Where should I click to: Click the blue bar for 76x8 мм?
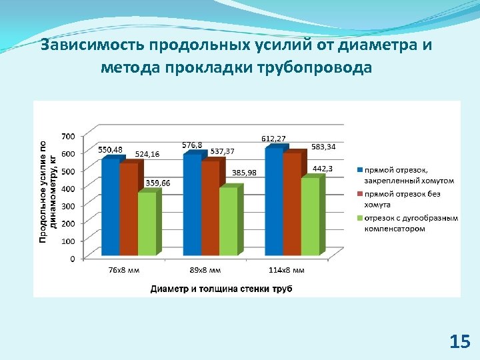tap(110, 207)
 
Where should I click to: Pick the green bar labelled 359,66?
tap(146, 224)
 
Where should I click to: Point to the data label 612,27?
tap(273, 138)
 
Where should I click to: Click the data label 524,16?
tap(147, 154)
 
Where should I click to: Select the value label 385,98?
tap(244, 173)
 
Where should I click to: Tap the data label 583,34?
tap(323, 147)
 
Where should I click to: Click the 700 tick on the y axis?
tap(68, 136)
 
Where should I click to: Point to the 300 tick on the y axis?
tap(68, 206)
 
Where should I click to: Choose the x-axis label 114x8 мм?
tap(288, 270)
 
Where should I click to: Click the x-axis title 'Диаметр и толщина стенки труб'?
tap(221, 289)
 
